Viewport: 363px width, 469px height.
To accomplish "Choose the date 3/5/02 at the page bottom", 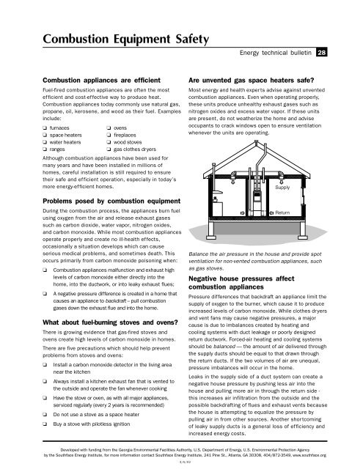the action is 181,462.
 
